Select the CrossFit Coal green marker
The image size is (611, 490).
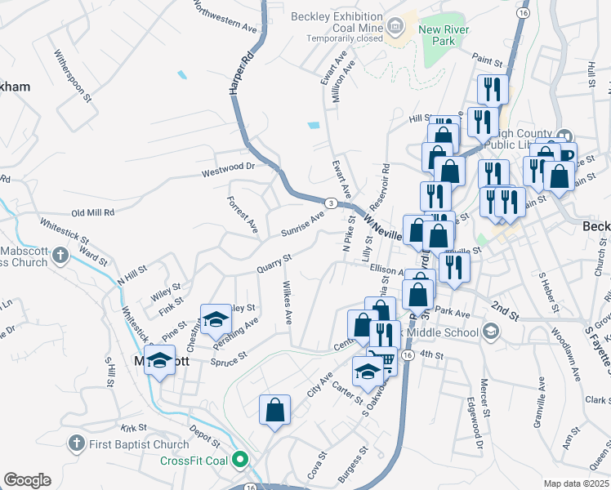coord(240,461)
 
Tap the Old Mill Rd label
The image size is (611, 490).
coord(93,212)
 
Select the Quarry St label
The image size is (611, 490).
coord(274,263)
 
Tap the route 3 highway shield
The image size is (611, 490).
coord(330,202)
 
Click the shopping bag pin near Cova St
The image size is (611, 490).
coord(274,410)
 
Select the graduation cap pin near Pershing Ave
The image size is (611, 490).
coord(216,320)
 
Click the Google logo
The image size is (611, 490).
coord(27,480)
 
